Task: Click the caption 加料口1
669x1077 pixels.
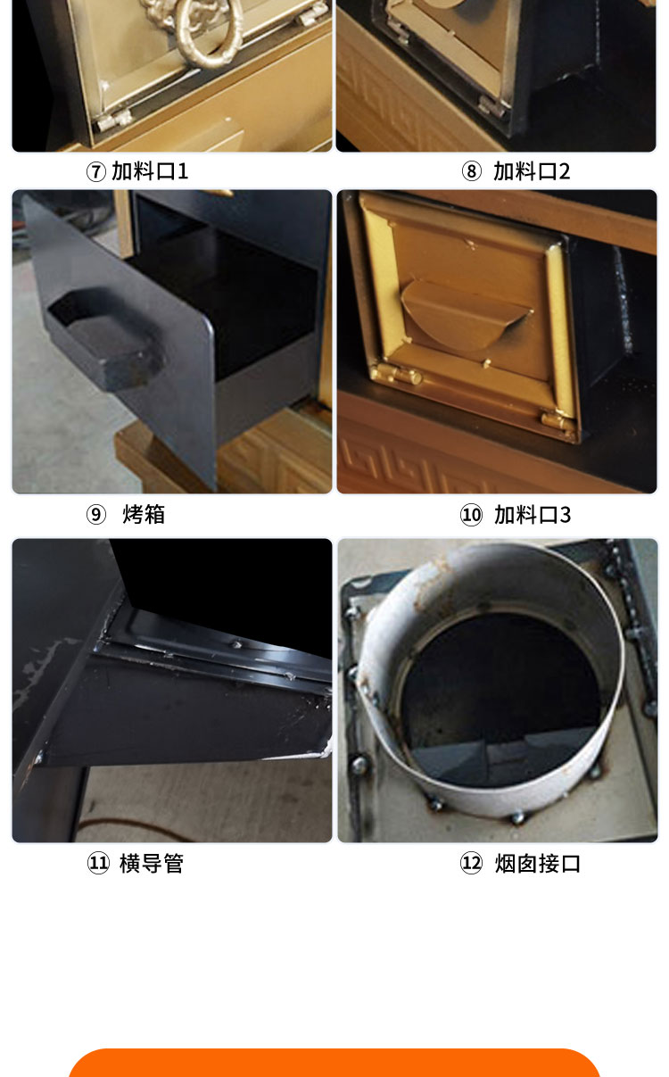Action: [x=150, y=171]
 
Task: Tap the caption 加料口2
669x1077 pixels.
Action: [x=532, y=171]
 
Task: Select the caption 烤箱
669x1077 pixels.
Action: [x=144, y=514]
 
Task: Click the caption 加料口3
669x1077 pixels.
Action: [x=533, y=514]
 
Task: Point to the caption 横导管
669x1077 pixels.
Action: [x=152, y=863]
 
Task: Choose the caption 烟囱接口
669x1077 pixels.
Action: [x=538, y=863]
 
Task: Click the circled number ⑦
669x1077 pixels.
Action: [x=96, y=171]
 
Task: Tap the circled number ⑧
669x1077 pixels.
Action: [x=471, y=171]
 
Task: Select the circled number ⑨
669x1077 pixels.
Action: [x=96, y=515]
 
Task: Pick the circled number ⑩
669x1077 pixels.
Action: [x=471, y=515]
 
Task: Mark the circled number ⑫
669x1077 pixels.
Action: [x=471, y=864]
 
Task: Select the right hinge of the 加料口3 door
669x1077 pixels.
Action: [x=554, y=418]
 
